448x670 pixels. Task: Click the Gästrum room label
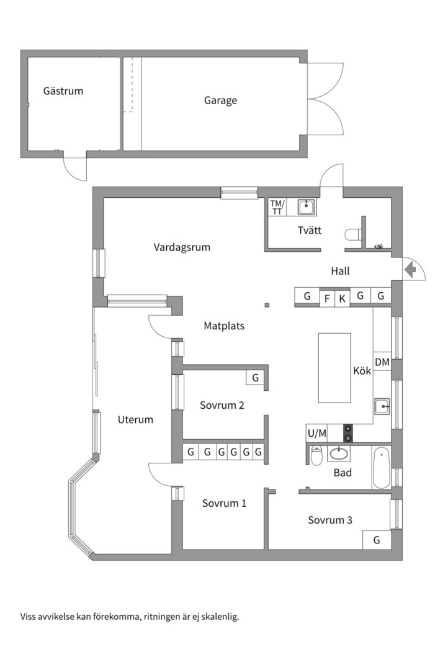point(63,91)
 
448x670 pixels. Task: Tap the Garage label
point(220,100)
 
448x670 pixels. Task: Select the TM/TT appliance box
point(277,207)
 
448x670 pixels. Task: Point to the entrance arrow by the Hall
point(410,269)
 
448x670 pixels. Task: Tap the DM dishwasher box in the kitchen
point(382,362)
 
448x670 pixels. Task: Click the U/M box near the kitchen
point(316,432)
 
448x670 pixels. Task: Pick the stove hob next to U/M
point(348,432)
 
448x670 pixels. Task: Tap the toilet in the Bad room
point(316,456)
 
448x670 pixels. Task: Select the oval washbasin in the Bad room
point(339,454)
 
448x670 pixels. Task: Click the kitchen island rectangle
point(334,367)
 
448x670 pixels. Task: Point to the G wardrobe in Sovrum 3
point(377,540)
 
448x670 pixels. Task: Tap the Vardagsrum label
point(182,247)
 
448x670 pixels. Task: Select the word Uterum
point(135,419)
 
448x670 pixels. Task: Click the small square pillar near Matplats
point(267,305)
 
